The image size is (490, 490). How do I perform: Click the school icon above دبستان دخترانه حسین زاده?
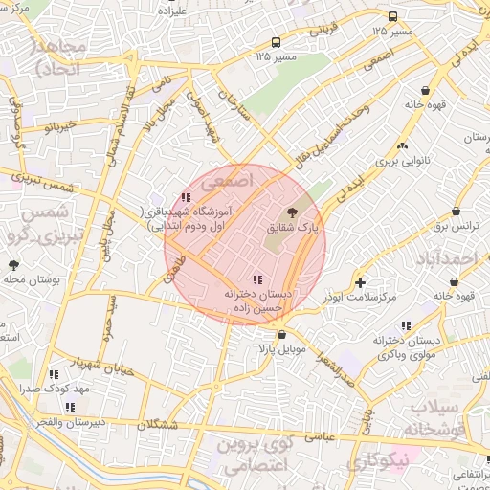pyautogui.click(x=256, y=278)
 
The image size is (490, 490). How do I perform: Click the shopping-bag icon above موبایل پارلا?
pyautogui.click(x=281, y=334)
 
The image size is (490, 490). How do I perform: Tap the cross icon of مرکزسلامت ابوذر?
pyautogui.click(x=360, y=282)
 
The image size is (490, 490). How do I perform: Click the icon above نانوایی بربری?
pyautogui.click(x=401, y=146)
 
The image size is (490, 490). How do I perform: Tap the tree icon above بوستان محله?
pyautogui.click(x=13, y=265)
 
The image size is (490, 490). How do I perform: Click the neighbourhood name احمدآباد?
pyautogui.click(x=447, y=258)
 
